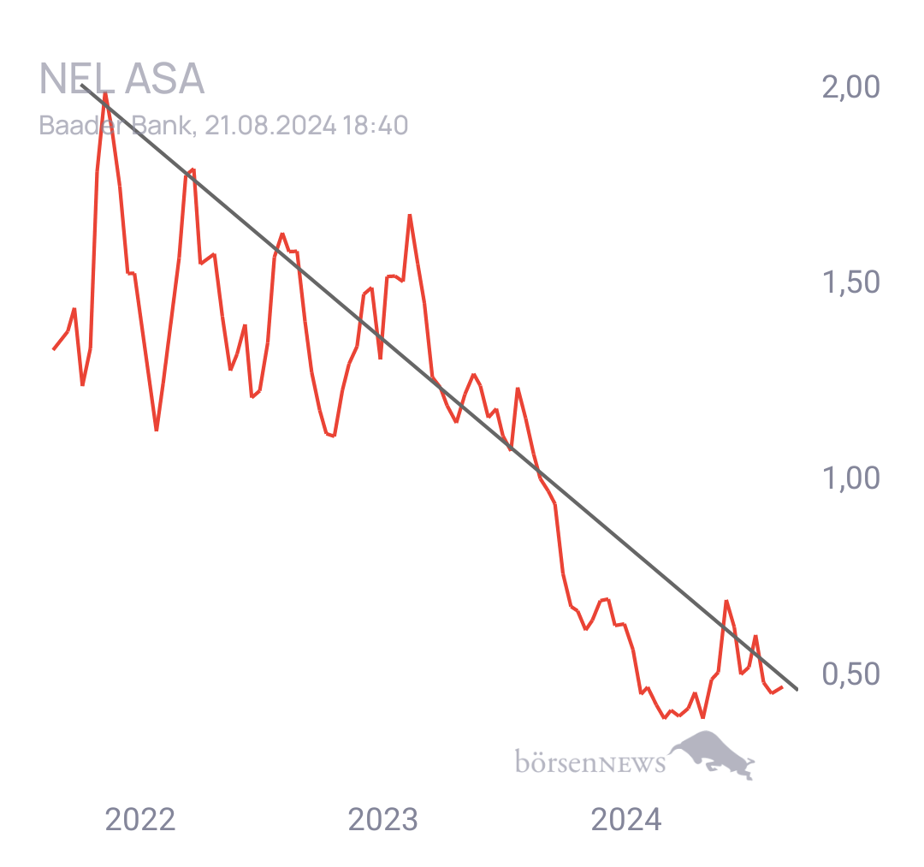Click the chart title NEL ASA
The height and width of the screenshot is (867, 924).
pyautogui.click(x=122, y=79)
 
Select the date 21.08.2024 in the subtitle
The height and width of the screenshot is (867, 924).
pyautogui.click(x=270, y=126)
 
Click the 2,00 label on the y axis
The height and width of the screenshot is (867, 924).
pyautogui.click(x=851, y=86)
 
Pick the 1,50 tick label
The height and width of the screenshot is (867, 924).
pyautogui.click(x=851, y=282)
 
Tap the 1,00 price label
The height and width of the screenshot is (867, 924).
pyautogui.click(x=851, y=478)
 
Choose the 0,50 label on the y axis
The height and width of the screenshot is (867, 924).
pyautogui.click(x=851, y=674)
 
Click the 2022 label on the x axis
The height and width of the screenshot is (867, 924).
pyautogui.click(x=140, y=819)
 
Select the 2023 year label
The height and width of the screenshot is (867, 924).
pyautogui.click(x=383, y=819)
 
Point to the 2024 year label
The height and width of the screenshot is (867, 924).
pyautogui.click(x=626, y=819)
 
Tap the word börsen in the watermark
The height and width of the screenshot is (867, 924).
pyautogui.click(x=557, y=761)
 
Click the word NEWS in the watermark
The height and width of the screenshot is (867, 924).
pyautogui.click(x=632, y=763)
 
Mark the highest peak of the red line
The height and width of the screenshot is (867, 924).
pyautogui.click(x=105, y=94)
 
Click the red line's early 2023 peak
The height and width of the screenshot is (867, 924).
pyautogui.click(x=410, y=216)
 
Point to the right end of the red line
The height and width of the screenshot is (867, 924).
pyautogui.click(x=783, y=687)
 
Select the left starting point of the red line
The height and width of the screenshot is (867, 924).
pyautogui.click(x=54, y=349)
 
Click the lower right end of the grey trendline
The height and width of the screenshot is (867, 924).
pyautogui.click(x=797, y=689)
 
